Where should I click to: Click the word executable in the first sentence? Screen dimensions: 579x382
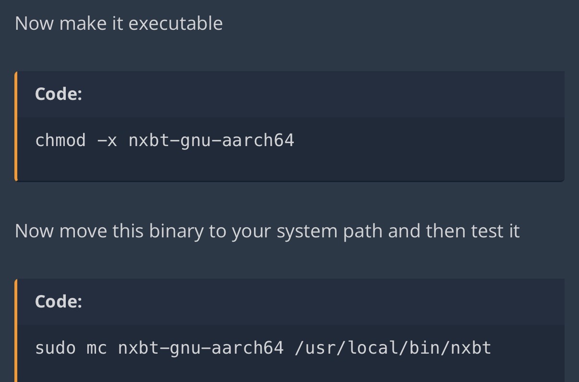click(176, 23)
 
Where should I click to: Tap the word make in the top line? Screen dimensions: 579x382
click(83, 23)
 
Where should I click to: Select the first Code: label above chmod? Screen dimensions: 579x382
click(59, 94)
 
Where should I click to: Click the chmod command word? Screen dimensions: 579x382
click(60, 140)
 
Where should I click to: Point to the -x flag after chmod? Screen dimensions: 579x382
click(107, 141)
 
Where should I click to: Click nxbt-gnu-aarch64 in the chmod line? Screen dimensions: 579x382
click(211, 141)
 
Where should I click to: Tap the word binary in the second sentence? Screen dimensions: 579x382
click(176, 231)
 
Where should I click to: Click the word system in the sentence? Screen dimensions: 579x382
click(307, 231)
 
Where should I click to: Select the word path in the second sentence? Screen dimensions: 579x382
click(363, 231)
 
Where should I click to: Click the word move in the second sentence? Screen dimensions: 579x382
click(83, 231)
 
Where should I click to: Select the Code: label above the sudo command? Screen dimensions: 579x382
click(59, 301)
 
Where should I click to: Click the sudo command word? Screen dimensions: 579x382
click(55, 348)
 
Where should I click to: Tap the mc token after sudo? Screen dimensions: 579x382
click(96, 349)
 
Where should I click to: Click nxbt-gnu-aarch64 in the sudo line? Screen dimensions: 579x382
click(201, 348)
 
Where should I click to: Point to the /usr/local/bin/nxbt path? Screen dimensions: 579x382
click(393, 348)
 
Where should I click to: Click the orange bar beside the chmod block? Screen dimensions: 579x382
click(16, 126)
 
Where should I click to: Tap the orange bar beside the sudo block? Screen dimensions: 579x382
click(16, 331)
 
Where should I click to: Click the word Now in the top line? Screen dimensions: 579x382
click(35, 23)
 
